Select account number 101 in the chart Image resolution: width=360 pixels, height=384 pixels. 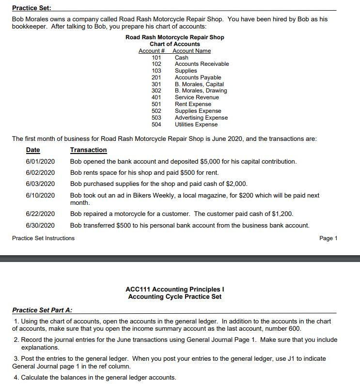click(x=157, y=58)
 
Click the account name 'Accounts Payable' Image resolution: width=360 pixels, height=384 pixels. click(x=198, y=77)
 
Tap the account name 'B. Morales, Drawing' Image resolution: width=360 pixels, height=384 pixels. click(x=201, y=91)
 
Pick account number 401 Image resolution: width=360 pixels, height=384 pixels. click(x=157, y=97)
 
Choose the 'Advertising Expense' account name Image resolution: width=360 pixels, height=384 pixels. click(x=201, y=118)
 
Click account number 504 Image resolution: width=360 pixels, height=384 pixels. click(x=157, y=124)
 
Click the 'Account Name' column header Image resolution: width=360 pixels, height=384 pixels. click(x=192, y=51)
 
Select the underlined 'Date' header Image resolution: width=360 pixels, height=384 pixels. click(x=33, y=150)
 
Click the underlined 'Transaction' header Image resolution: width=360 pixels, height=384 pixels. click(x=88, y=150)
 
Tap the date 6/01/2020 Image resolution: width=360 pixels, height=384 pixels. click(x=40, y=161)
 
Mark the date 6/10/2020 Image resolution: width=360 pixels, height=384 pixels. click(x=40, y=195)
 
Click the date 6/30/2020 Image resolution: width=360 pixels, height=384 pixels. click(x=40, y=225)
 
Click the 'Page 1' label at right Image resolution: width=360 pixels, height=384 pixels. click(x=329, y=238)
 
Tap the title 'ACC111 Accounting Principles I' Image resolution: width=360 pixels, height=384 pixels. click(x=174, y=289)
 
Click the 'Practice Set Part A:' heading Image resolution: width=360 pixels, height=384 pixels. click(x=42, y=310)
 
